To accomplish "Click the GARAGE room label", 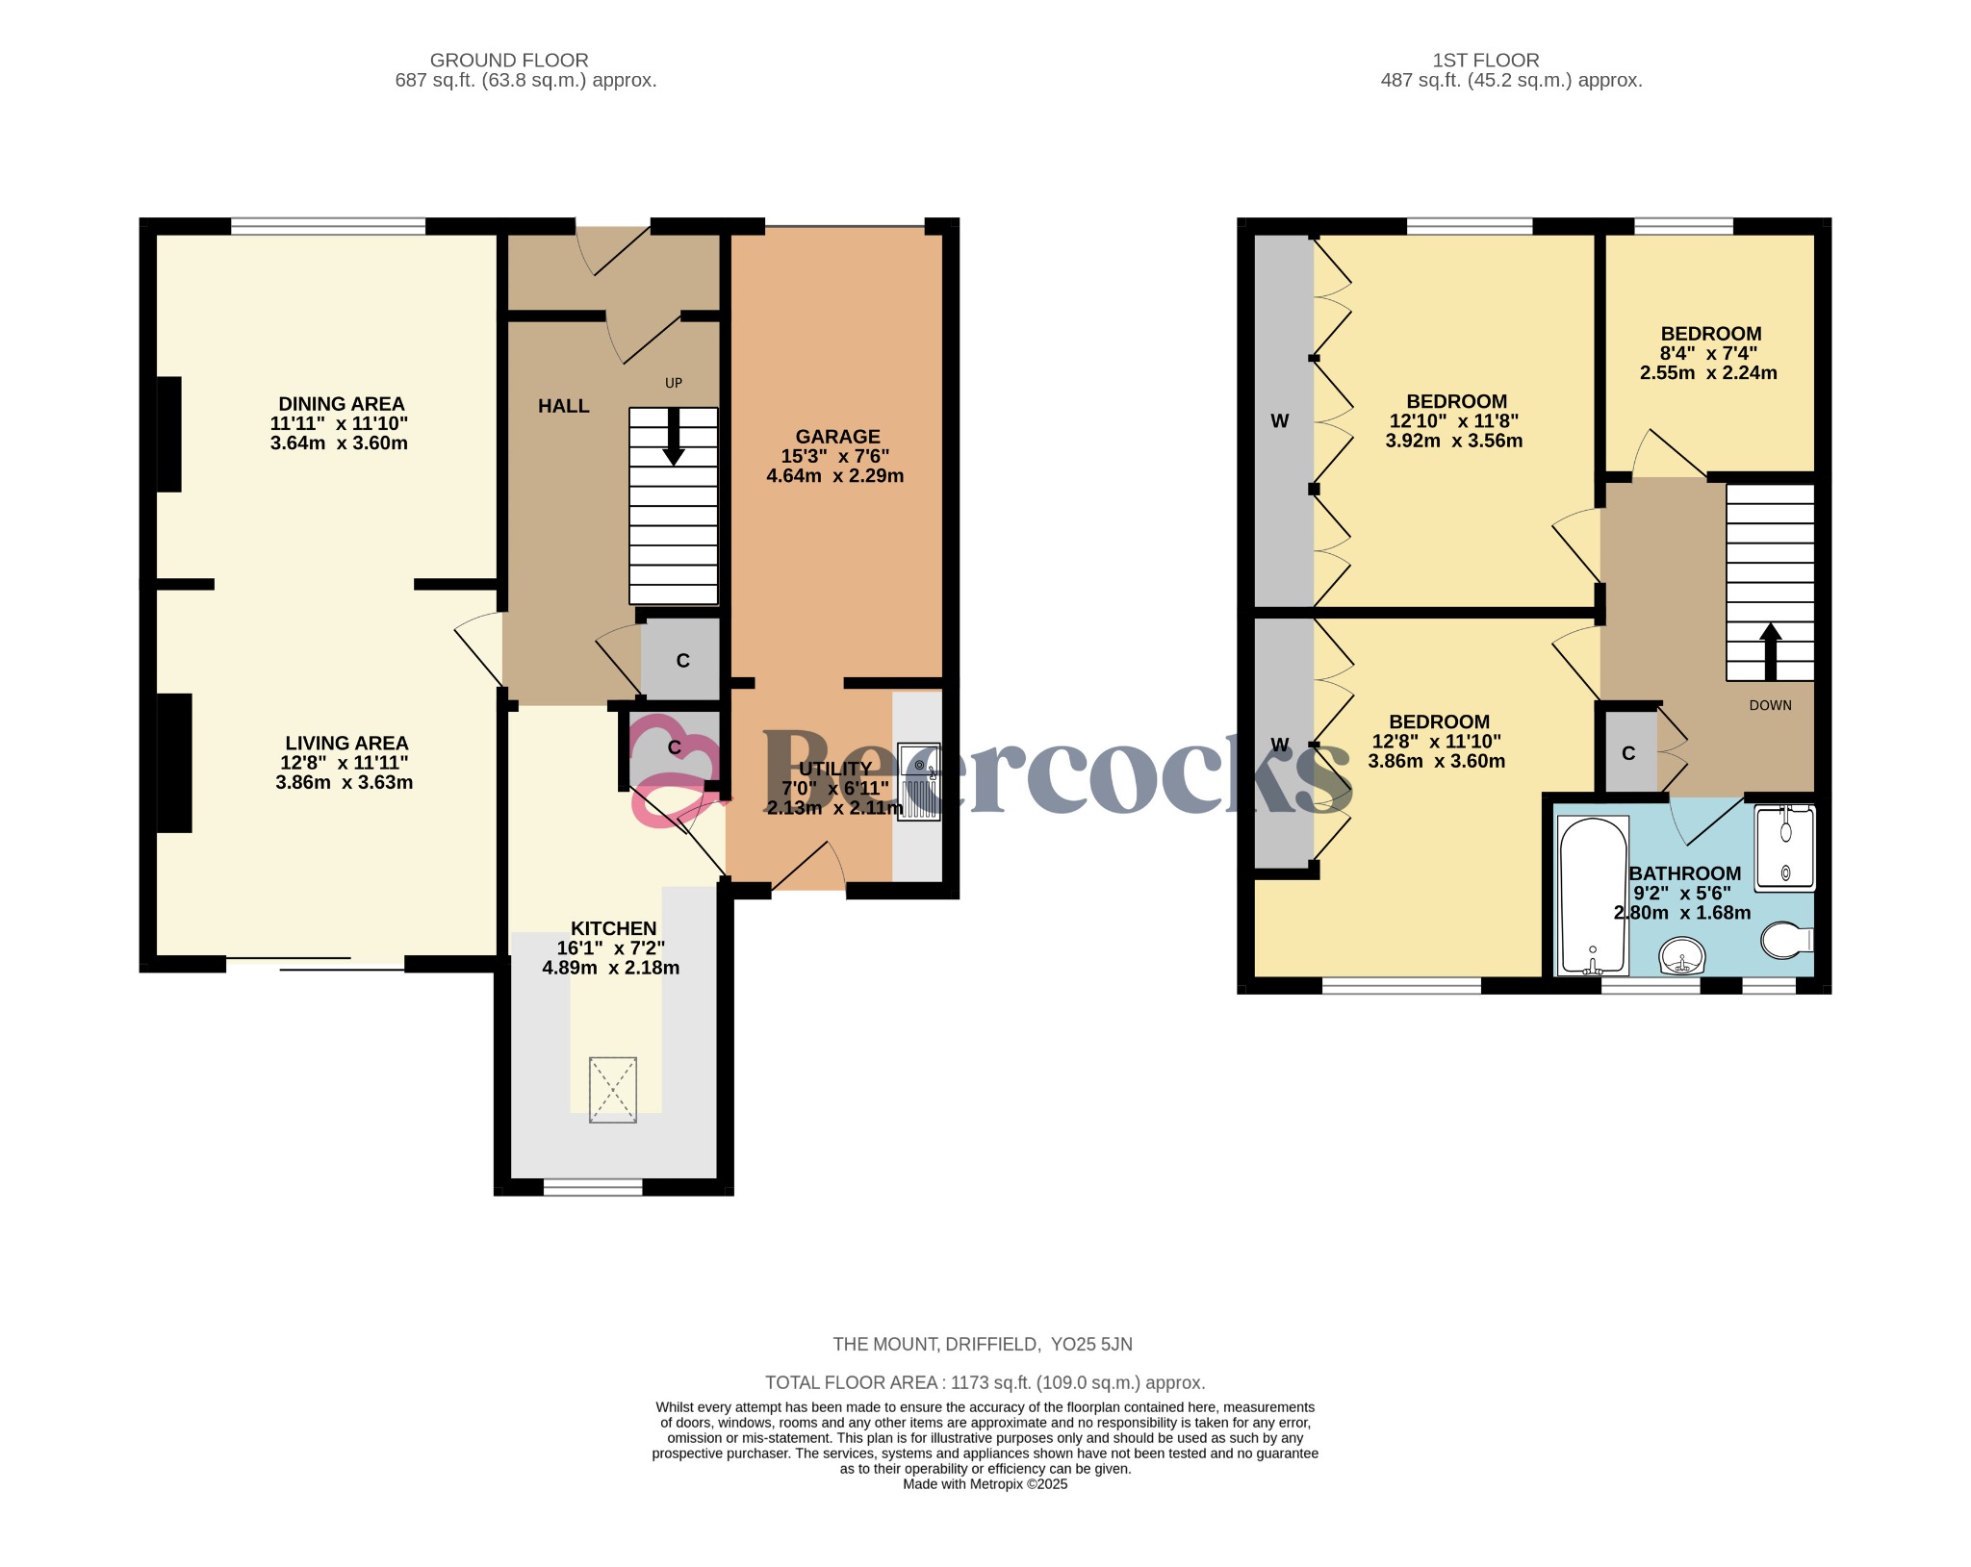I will pyautogui.click(x=836, y=437).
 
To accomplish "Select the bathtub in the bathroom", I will pyautogui.click(x=1593, y=895).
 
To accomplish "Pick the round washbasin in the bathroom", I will pyautogui.click(x=1682, y=956).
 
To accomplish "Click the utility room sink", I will pyautogui.click(x=919, y=781).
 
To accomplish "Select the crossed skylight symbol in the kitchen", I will pyautogui.click(x=613, y=1089).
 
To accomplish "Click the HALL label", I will pyautogui.click(x=563, y=407).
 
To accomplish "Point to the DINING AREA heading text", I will pyautogui.click(x=341, y=404).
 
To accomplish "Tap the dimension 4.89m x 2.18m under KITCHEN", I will pyautogui.click(x=611, y=968).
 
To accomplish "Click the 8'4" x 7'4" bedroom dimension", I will pyautogui.click(x=1708, y=353).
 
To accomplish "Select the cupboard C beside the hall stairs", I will pyautogui.click(x=682, y=661).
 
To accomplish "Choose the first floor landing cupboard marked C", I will pyautogui.click(x=1628, y=753).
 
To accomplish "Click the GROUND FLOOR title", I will pyautogui.click(x=509, y=61).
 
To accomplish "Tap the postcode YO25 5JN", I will pyautogui.click(x=1091, y=1344).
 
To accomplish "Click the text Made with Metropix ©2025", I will pyautogui.click(x=985, y=1484).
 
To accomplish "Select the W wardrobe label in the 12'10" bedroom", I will pyautogui.click(x=1279, y=421).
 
